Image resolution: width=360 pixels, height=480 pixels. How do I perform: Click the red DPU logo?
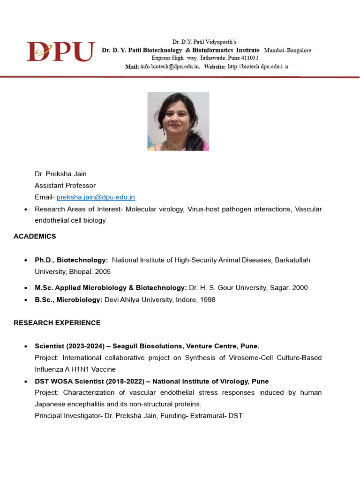coord(60,52)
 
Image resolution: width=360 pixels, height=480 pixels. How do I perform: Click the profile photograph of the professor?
coord(178,121)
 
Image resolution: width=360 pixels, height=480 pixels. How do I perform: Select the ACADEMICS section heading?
coord(35,236)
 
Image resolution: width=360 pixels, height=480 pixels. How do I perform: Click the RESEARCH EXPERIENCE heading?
coord(57,323)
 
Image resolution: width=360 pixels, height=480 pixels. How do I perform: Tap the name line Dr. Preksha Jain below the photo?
coord(60,174)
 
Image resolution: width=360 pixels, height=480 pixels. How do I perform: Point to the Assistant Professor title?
coord(65,186)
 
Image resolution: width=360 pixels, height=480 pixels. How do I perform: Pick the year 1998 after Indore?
coord(208,300)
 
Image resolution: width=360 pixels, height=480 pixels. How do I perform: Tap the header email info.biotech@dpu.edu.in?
coord(170,67)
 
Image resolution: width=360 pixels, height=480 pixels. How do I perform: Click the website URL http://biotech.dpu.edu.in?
coord(258,67)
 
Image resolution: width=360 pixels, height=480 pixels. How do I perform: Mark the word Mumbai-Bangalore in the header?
coord(287,50)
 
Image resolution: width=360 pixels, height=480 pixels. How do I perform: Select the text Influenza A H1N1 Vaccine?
coord(75,369)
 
